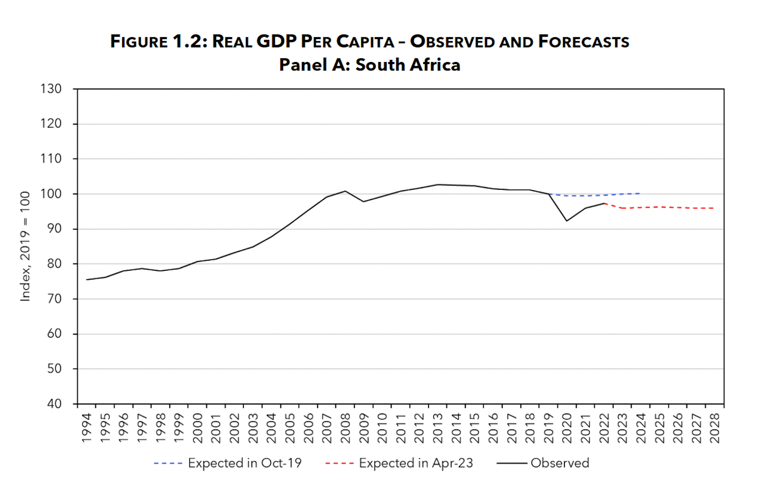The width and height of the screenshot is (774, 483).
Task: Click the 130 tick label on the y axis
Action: coord(51,89)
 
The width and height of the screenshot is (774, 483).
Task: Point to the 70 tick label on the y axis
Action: coord(54,299)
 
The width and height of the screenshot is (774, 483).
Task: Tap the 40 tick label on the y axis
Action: coord(54,404)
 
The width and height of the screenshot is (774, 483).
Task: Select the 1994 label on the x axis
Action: coord(87,428)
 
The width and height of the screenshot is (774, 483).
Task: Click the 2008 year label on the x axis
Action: coord(345,428)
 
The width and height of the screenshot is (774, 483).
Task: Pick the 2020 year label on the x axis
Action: coord(567,428)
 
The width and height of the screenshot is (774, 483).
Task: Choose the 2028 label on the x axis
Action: coord(715,428)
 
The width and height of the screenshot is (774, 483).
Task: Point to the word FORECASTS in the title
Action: coord(583,42)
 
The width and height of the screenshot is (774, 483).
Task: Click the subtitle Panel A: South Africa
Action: coord(370,65)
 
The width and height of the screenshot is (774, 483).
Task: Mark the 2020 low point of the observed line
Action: coord(567,221)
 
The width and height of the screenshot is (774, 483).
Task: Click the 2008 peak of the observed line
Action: coord(345,191)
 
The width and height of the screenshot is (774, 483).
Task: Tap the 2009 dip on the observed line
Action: coord(364,201)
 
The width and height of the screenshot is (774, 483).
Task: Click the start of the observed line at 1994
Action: coord(87,280)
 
